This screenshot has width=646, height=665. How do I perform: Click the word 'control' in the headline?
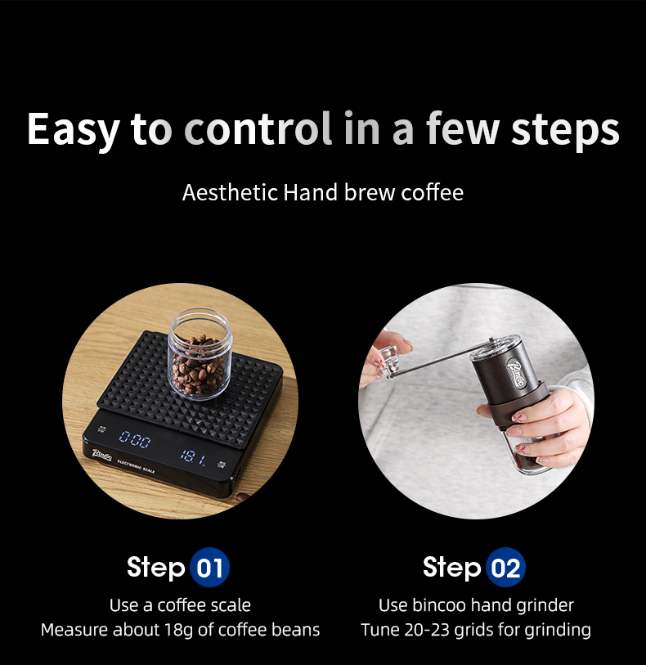point(258,128)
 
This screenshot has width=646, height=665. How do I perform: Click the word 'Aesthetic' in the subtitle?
point(229,192)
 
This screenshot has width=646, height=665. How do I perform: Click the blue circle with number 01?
point(209,567)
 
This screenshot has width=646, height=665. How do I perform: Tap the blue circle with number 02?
point(505,567)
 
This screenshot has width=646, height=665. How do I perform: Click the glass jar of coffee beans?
point(200,354)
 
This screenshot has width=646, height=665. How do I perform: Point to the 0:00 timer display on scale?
point(135,439)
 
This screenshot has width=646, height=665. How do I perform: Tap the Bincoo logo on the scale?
point(102,455)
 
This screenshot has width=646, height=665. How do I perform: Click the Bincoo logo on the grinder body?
point(516,373)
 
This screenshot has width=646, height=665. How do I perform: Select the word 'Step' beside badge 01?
point(156,568)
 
